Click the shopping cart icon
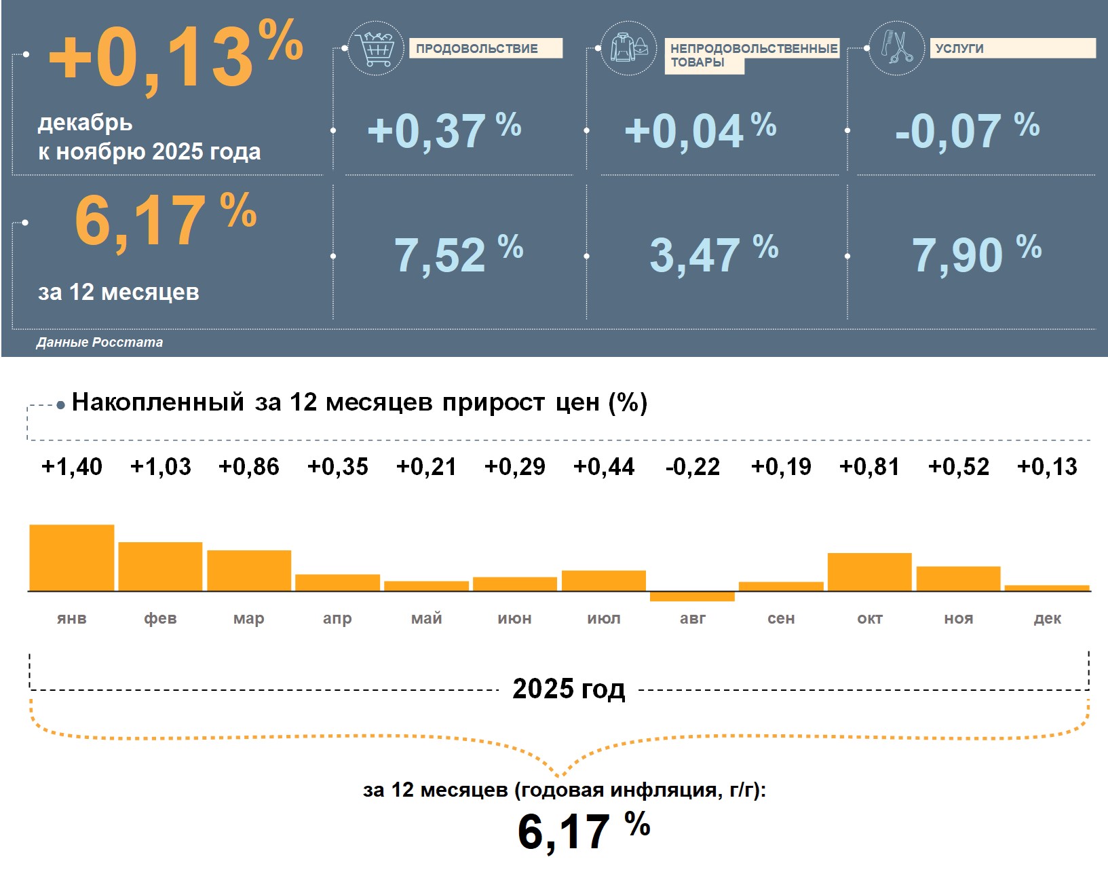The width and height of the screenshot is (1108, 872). tap(376, 48)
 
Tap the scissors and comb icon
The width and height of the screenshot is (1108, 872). tap(896, 48)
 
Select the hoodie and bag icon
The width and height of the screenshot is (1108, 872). tap(629, 48)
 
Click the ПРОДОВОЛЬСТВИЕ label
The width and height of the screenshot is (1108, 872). tap(477, 49)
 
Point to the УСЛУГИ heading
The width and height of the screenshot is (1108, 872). tap(959, 49)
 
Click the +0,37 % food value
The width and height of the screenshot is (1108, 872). tap(444, 130)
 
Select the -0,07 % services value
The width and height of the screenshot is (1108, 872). tap(966, 130)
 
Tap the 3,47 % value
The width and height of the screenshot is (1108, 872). tap(713, 255)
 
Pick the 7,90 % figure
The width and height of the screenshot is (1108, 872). tap(975, 255)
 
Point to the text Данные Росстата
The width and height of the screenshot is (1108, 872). tap(100, 343)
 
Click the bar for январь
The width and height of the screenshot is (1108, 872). tap(72, 558)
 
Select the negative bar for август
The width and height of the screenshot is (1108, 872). tap(692, 596)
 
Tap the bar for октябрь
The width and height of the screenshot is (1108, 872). tap(870, 572)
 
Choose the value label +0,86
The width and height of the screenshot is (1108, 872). tap(249, 467)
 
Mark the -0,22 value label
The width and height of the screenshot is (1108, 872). tap(693, 467)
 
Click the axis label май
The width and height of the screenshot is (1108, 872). tap(426, 618)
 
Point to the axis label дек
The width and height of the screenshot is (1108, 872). tap(1047, 618)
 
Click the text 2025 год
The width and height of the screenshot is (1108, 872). tap(569, 689)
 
